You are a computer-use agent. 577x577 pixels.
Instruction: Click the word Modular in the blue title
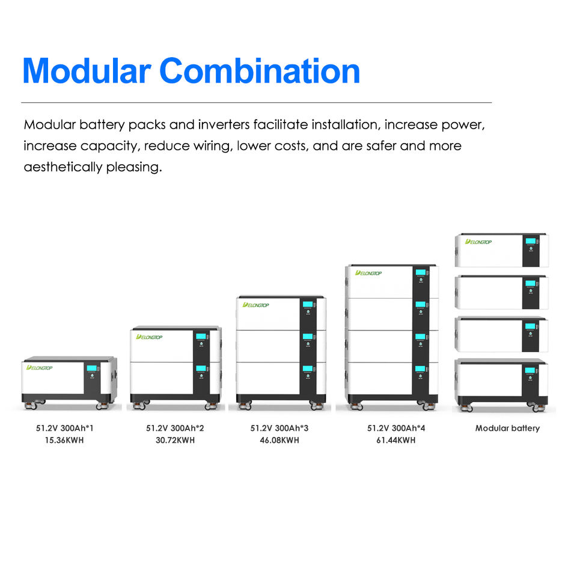coord(87,71)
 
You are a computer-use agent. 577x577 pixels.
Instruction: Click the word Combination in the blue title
coord(260,71)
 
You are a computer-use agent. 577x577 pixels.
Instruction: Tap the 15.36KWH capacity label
coord(64,440)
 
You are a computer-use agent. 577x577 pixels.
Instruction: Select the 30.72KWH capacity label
coord(175,440)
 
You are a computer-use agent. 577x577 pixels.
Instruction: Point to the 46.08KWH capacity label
coord(279,440)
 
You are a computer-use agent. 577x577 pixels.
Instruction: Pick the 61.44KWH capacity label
coord(396,440)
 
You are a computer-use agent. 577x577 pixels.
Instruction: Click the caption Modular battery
coord(507,428)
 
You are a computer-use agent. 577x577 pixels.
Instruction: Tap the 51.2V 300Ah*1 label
coord(65,428)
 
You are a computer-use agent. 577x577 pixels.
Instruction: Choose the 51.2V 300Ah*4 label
coord(396,428)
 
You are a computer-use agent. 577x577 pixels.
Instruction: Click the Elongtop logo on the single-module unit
coord(40,368)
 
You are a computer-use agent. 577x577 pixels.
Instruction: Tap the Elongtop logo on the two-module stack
coord(149,337)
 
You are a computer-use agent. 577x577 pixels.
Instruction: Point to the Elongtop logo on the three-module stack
coord(256,305)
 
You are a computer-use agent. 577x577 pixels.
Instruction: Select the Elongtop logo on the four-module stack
coord(368,273)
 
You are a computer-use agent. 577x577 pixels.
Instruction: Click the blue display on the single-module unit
coord(91,368)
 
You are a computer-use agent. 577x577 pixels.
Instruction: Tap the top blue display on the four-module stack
coord(421,272)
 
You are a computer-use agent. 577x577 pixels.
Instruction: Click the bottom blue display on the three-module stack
coord(308,368)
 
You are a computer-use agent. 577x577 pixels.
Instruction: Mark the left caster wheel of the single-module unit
coord(31,406)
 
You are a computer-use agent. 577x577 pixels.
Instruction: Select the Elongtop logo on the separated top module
coord(478,242)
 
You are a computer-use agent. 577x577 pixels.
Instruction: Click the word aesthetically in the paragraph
coord(63,167)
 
